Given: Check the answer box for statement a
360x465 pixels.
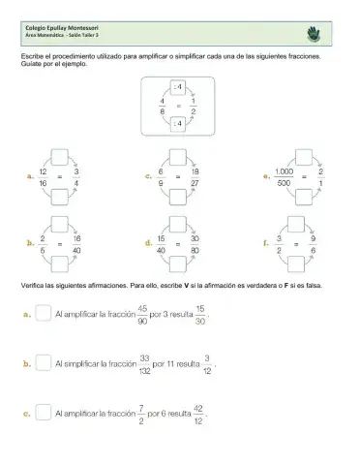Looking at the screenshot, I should pyautogui.click(x=43, y=314).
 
